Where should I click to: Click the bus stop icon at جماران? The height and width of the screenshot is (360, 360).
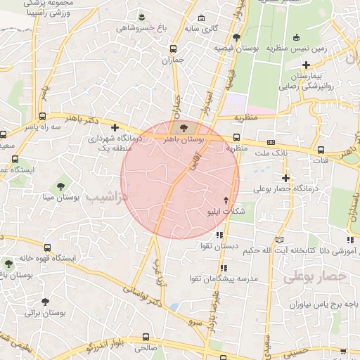click(174, 49)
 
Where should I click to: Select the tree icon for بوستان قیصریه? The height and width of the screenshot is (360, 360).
click(236, 37)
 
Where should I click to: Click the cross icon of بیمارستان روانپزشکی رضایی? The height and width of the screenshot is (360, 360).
click(306, 65)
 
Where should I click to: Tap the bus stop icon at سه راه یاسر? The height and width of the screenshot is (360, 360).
click(44, 117)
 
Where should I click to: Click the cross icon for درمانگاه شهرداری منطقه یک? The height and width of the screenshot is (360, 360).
click(115, 127)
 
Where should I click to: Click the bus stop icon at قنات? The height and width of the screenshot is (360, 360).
click(321, 149)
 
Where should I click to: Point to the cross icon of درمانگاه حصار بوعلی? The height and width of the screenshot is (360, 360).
click(285, 178)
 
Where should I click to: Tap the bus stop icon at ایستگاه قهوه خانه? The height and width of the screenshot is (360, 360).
click(47, 247)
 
